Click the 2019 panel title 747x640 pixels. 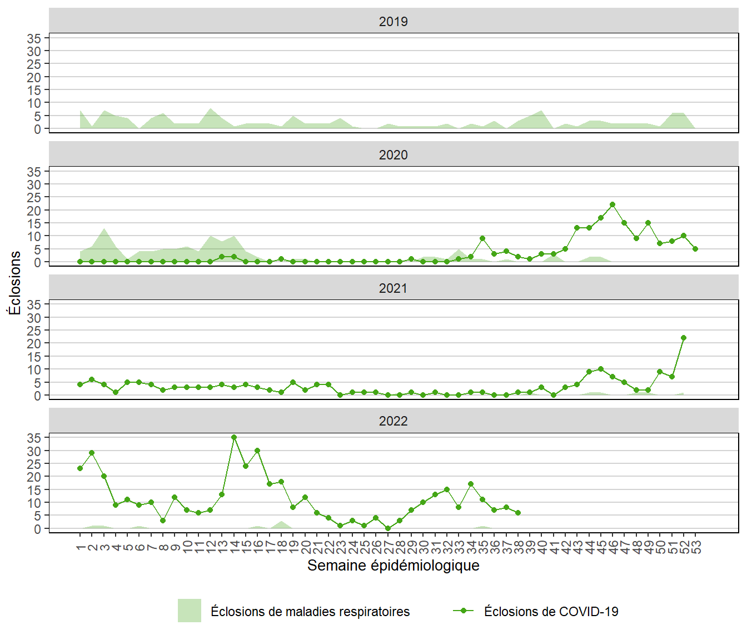point(393,22)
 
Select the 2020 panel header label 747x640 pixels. point(393,155)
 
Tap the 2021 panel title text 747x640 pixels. point(393,288)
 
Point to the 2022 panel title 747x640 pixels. point(393,421)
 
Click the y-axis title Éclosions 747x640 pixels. point(15,283)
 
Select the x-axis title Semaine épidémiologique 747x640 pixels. point(393,566)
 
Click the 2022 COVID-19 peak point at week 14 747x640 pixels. point(234,437)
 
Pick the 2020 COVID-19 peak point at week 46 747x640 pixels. point(612,204)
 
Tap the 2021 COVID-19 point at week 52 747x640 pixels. point(684,338)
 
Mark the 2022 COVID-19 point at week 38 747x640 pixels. point(518,513)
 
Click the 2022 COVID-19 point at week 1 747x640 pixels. point(80,468)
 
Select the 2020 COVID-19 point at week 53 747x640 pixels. point(695,249)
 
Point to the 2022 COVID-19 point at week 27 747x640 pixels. point(388,529)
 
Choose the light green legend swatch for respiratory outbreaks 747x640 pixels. point(189,611)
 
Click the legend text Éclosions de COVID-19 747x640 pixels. point(551,612)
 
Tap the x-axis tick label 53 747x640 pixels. point(696,548)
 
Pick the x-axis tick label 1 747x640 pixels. point(81,548)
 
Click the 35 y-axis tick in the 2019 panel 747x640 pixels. point(34,38)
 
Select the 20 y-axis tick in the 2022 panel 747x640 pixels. point(34,477)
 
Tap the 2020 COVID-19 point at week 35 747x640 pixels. point(482,238)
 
